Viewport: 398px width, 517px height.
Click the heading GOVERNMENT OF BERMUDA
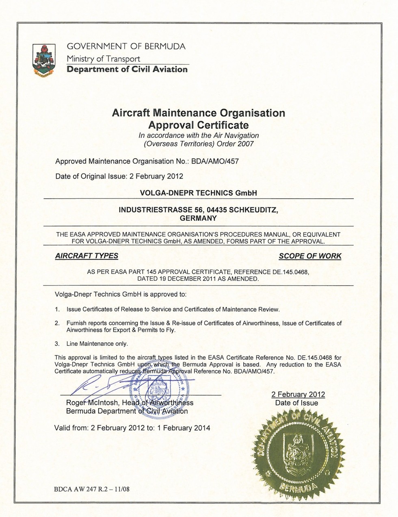(126, 46)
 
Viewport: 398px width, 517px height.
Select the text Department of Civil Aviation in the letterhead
(127, 69)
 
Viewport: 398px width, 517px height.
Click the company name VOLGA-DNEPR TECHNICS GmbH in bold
(198, 193)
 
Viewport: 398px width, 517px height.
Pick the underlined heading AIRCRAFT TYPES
(87, 256)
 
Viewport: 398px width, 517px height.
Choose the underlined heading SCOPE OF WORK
(310, 256)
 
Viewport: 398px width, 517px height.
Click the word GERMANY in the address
(198, 218)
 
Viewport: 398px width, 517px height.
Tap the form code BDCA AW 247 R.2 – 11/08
(92, 489)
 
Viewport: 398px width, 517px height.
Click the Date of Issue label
(296, 403)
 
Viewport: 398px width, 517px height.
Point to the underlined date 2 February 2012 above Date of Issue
(298, 394)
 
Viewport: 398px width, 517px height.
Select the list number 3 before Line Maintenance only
(57, 344)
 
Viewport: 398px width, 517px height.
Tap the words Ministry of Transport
(104, 59)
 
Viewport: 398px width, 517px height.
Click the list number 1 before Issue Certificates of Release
(57, 310)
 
